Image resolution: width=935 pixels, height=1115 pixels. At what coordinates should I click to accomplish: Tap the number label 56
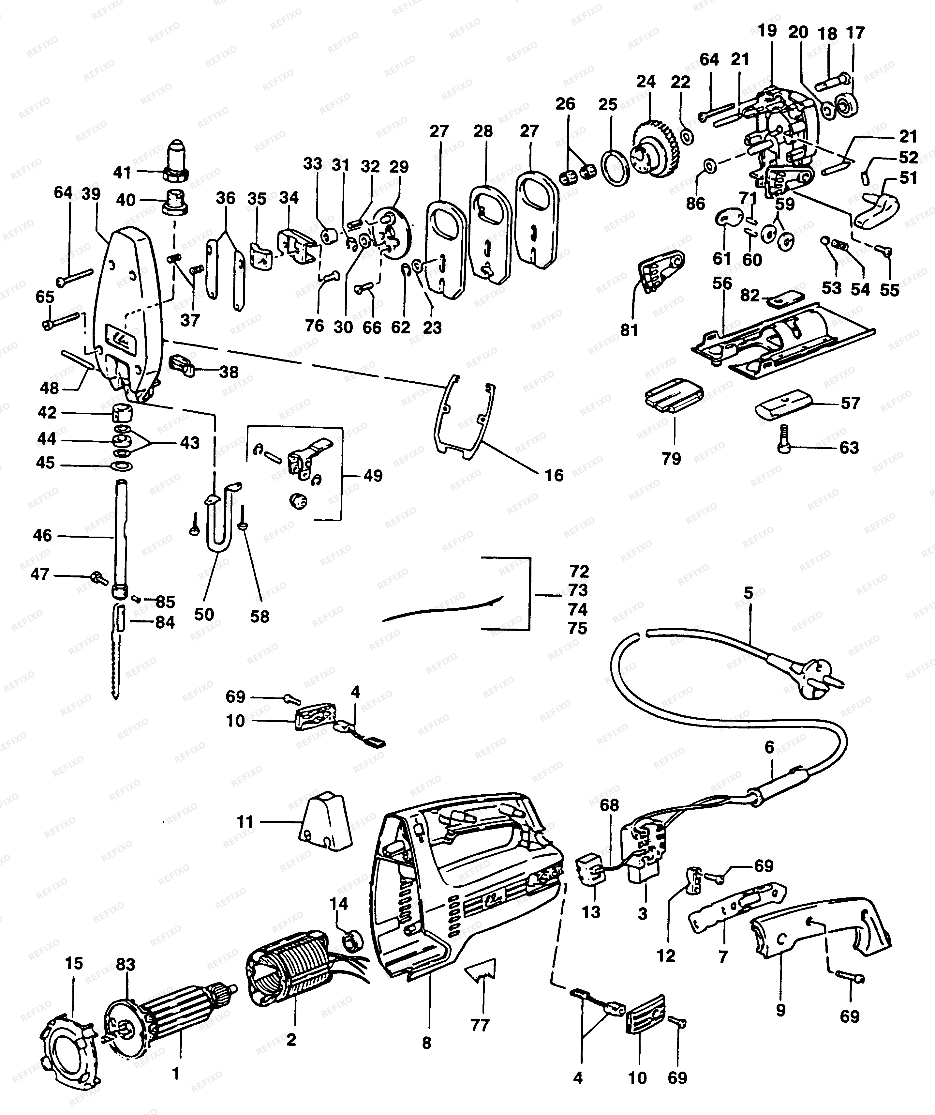[x=722, y=283]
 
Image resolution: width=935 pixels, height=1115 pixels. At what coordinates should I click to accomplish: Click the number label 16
[x=554, y=475]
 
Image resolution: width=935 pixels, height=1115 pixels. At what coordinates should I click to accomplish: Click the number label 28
[x=483, y=130]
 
